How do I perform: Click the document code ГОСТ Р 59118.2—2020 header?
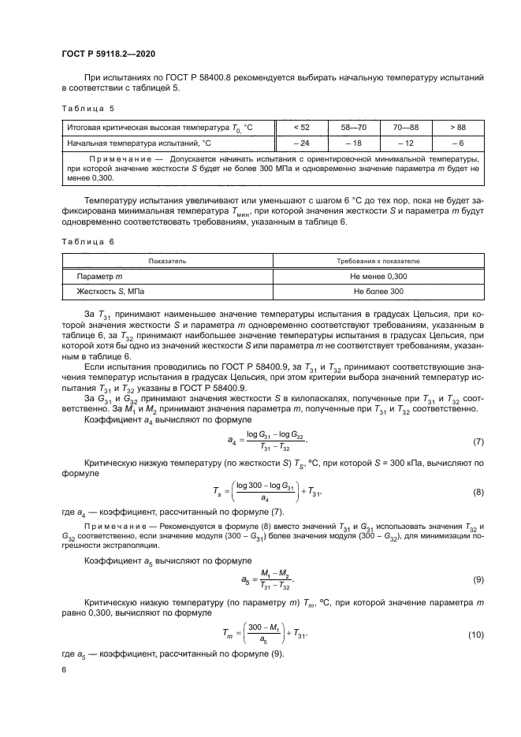pyautogui.click(x=107, y=53)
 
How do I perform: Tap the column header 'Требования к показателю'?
pyautogui.click(x=378, y=260)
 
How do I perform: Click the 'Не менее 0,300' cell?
pyautogui.click(x=378, y=276)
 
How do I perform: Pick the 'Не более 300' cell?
pyautogui.click(x=378, y=292)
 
